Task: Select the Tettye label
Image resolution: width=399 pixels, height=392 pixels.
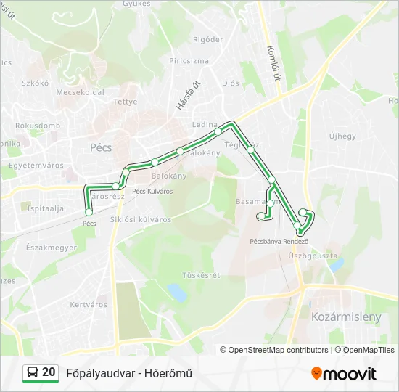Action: (126, 102)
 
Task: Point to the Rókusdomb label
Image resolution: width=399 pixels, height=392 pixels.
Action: (38, 125)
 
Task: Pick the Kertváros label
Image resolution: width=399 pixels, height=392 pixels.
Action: (89, 304)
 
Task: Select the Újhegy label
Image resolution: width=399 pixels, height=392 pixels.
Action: (342, 136)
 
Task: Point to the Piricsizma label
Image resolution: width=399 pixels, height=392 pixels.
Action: (189, 61)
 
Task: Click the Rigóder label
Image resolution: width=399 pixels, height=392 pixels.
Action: (208, 39)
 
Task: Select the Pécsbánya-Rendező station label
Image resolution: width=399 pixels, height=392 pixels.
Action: (279, 241)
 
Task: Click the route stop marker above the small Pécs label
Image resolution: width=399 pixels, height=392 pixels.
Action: (89, 212)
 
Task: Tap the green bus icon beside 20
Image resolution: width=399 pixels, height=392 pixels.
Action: (32, 373)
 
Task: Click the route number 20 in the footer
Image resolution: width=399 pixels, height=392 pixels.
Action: (49, 372)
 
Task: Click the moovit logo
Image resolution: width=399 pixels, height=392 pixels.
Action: (344, 374)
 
